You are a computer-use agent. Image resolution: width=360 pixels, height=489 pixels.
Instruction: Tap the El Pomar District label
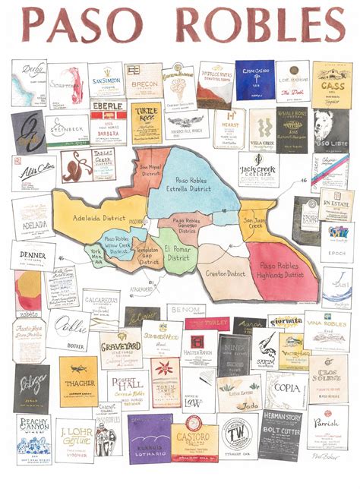[x=179, y=252]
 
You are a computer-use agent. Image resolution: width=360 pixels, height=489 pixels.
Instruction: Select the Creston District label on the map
[x=225, y=273]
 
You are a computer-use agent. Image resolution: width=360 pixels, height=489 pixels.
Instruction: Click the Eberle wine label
[x=108, y=122]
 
